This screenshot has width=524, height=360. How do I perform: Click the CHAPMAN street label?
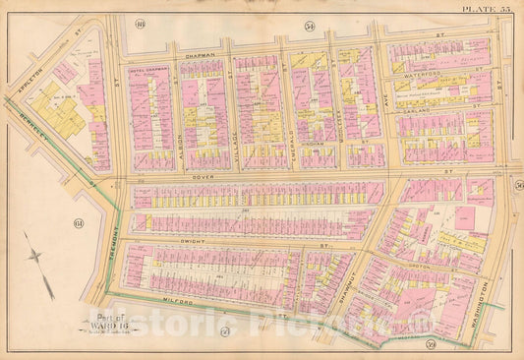pos(200,56)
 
